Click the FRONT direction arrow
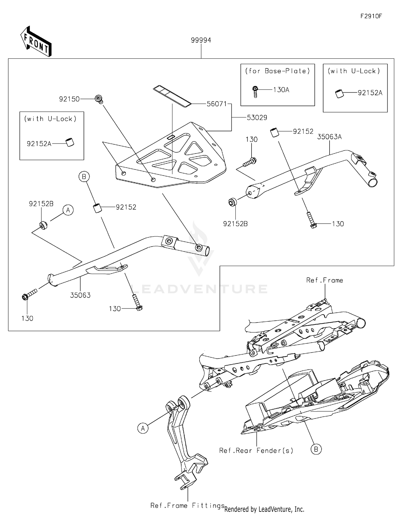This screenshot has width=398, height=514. (x=36, y=42)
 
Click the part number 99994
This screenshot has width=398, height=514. (x=201, y=40)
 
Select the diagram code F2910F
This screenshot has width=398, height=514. (x=371, y=16)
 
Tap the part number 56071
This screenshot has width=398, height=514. (x=217, y=104)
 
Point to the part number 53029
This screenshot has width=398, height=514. (x=257, y=118)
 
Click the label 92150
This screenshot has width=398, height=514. (x=69, y=99)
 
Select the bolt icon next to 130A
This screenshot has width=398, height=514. (x=255, y=92)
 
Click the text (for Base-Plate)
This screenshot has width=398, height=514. (x=277, y=71)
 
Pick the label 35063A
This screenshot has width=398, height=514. (x=329, y=137)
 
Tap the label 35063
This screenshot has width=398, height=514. (x=80, y=295)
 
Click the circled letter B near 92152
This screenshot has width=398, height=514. (x=84, y=177)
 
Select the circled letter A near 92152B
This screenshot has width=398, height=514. (x=68, y=210)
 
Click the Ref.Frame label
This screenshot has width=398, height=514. (x=325, y=280)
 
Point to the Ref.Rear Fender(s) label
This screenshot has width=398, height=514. (x=256, y=451)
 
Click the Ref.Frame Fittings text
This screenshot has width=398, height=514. (x=187, y=506)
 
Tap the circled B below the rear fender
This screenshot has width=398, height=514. (x=316, y=449)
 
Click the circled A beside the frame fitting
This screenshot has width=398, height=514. (x=143, y=428)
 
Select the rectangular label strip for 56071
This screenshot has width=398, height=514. (x=172, y=96)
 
